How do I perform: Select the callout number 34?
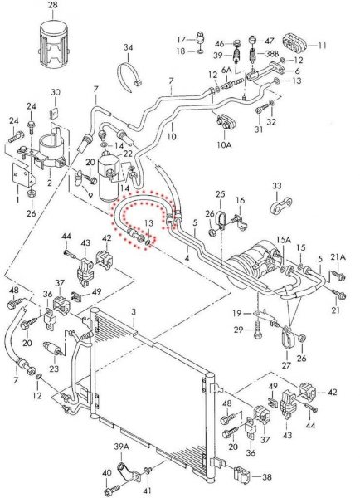point(129,47)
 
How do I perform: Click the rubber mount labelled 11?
point(294,43)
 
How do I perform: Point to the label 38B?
point(272,54)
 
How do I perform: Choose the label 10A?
point(224,145)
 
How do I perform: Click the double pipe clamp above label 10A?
point(226,122)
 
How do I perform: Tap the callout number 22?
point(127,154)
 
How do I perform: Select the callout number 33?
point(277,185)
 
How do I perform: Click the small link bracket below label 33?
point(281,206)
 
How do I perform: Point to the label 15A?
point(284,240)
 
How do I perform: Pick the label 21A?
point(338,257)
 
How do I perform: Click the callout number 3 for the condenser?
point(134,312)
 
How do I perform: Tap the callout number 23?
point(54,368)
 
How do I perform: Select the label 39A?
point(122,447)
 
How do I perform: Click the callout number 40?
point(107,472)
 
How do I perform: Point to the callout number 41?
point(148,491)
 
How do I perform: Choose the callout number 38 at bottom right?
point(267,476)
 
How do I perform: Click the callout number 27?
point(286,365)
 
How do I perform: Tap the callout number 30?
point(56,92)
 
